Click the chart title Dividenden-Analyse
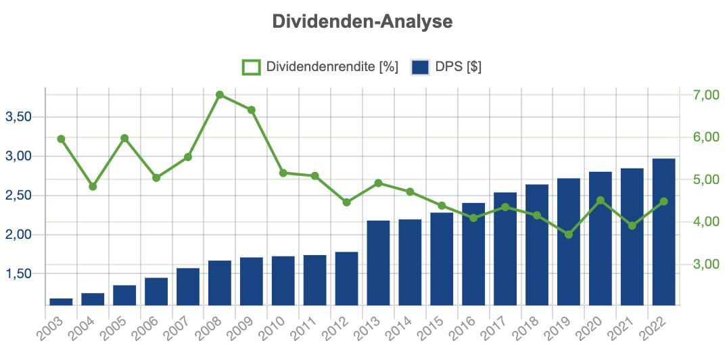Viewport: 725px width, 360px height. (362, 22)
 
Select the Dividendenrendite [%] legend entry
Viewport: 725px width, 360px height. (321, 67)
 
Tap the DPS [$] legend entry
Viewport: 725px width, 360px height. (446, 67)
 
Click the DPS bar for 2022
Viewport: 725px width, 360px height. (663, 231)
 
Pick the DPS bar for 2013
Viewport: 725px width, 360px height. (378, 263)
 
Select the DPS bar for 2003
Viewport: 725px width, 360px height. (61, 302)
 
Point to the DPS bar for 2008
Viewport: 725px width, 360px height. (220, 283)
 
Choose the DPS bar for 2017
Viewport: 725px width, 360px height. (505, 248)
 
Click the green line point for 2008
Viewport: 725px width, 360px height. (220, 95)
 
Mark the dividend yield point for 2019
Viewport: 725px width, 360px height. (569, 234)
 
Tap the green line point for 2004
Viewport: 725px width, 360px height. (93, 186)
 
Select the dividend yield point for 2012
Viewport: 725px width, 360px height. (346, 202)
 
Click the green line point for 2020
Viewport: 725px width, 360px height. (601, 200)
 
